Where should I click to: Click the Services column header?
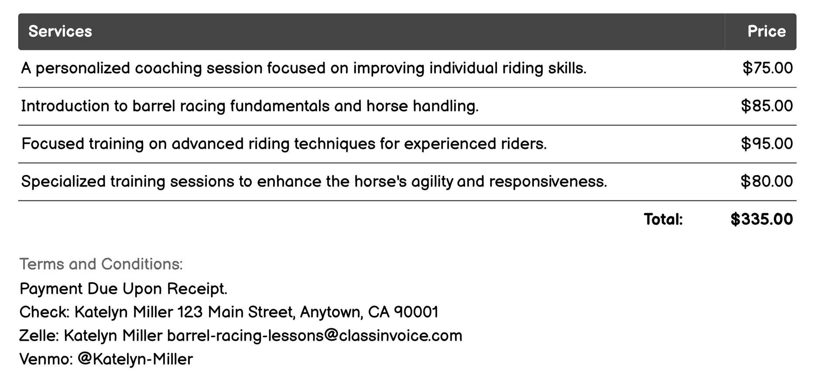click(x=60, y=31)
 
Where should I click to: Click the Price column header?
click(x=766, y=31)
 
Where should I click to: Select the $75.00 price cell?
click(x=767, y=68)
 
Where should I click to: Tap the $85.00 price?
click(x=767, y=106)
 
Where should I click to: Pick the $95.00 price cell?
click(x=767, y=144)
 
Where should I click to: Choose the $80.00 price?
click(x=767, y=181)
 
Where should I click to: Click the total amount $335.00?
click(x=761, y=219)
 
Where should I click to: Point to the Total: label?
click(x=663, y=219)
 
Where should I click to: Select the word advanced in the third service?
click(x=207, y=144)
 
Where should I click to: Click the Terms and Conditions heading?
click(x=101, y=264)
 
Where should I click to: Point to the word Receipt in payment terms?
click(x=197, y=289)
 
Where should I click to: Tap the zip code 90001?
click(x=416, y=312)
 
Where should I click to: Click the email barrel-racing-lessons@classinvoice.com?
click(x=315, y=336)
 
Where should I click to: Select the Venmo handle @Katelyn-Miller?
click(x=135, y=359)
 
